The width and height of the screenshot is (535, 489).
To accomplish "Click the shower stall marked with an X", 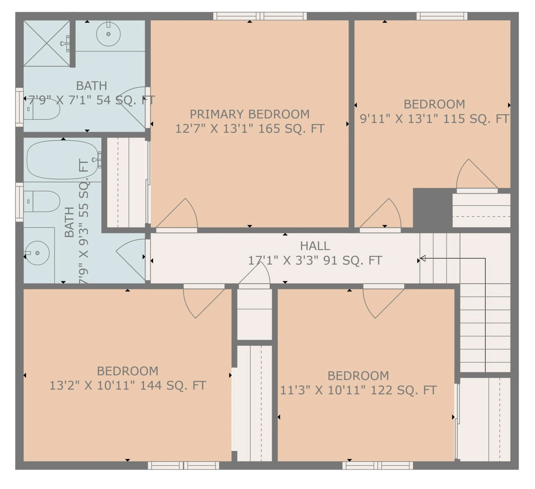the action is click(x=46, y=43).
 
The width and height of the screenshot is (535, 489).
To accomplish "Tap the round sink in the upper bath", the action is click(x=108, y=34).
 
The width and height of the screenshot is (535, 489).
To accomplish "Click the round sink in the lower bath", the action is click(x=37, y=253).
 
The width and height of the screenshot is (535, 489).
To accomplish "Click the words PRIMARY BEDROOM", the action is click(x=250, y=114).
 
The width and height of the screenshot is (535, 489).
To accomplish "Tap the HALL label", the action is click(x=315, y=246).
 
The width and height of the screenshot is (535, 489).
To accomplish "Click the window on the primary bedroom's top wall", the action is click(x=260, y=16).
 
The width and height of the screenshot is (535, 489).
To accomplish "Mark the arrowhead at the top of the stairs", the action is click(x=423, y=259).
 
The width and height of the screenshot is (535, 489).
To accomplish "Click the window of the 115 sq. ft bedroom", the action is click(x=442, y=16).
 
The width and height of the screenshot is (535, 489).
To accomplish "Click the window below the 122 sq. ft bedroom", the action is click(x=378, y=465).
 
